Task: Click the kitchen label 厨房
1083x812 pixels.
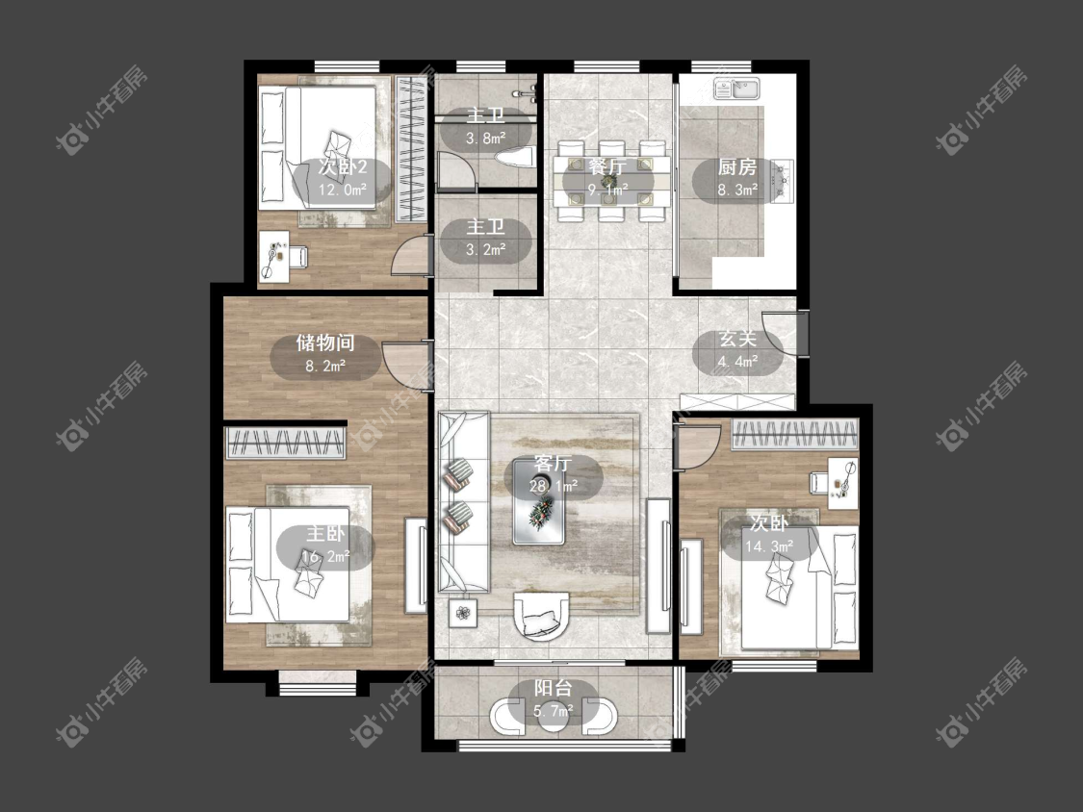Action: [737, 167]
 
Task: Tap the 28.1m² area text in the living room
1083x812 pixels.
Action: [554, 486]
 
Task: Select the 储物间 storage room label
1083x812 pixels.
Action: [325, 343]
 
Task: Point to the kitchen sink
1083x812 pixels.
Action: [736, 89]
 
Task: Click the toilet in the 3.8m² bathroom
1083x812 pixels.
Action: [515, 158]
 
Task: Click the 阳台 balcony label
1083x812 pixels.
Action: [554, 689]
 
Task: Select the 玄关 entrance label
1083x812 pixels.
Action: [737, 339]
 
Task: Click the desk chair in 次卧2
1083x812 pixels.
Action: [297, 256]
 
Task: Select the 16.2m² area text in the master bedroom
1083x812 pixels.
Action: [325, 556]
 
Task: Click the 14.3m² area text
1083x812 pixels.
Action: [769, 546]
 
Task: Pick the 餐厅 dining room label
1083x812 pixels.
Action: [607, 166]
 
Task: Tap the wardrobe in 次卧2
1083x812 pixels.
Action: [411, 148]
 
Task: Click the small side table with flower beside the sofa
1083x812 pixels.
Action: [463, 613]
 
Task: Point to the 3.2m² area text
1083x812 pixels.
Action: [485, 249]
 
